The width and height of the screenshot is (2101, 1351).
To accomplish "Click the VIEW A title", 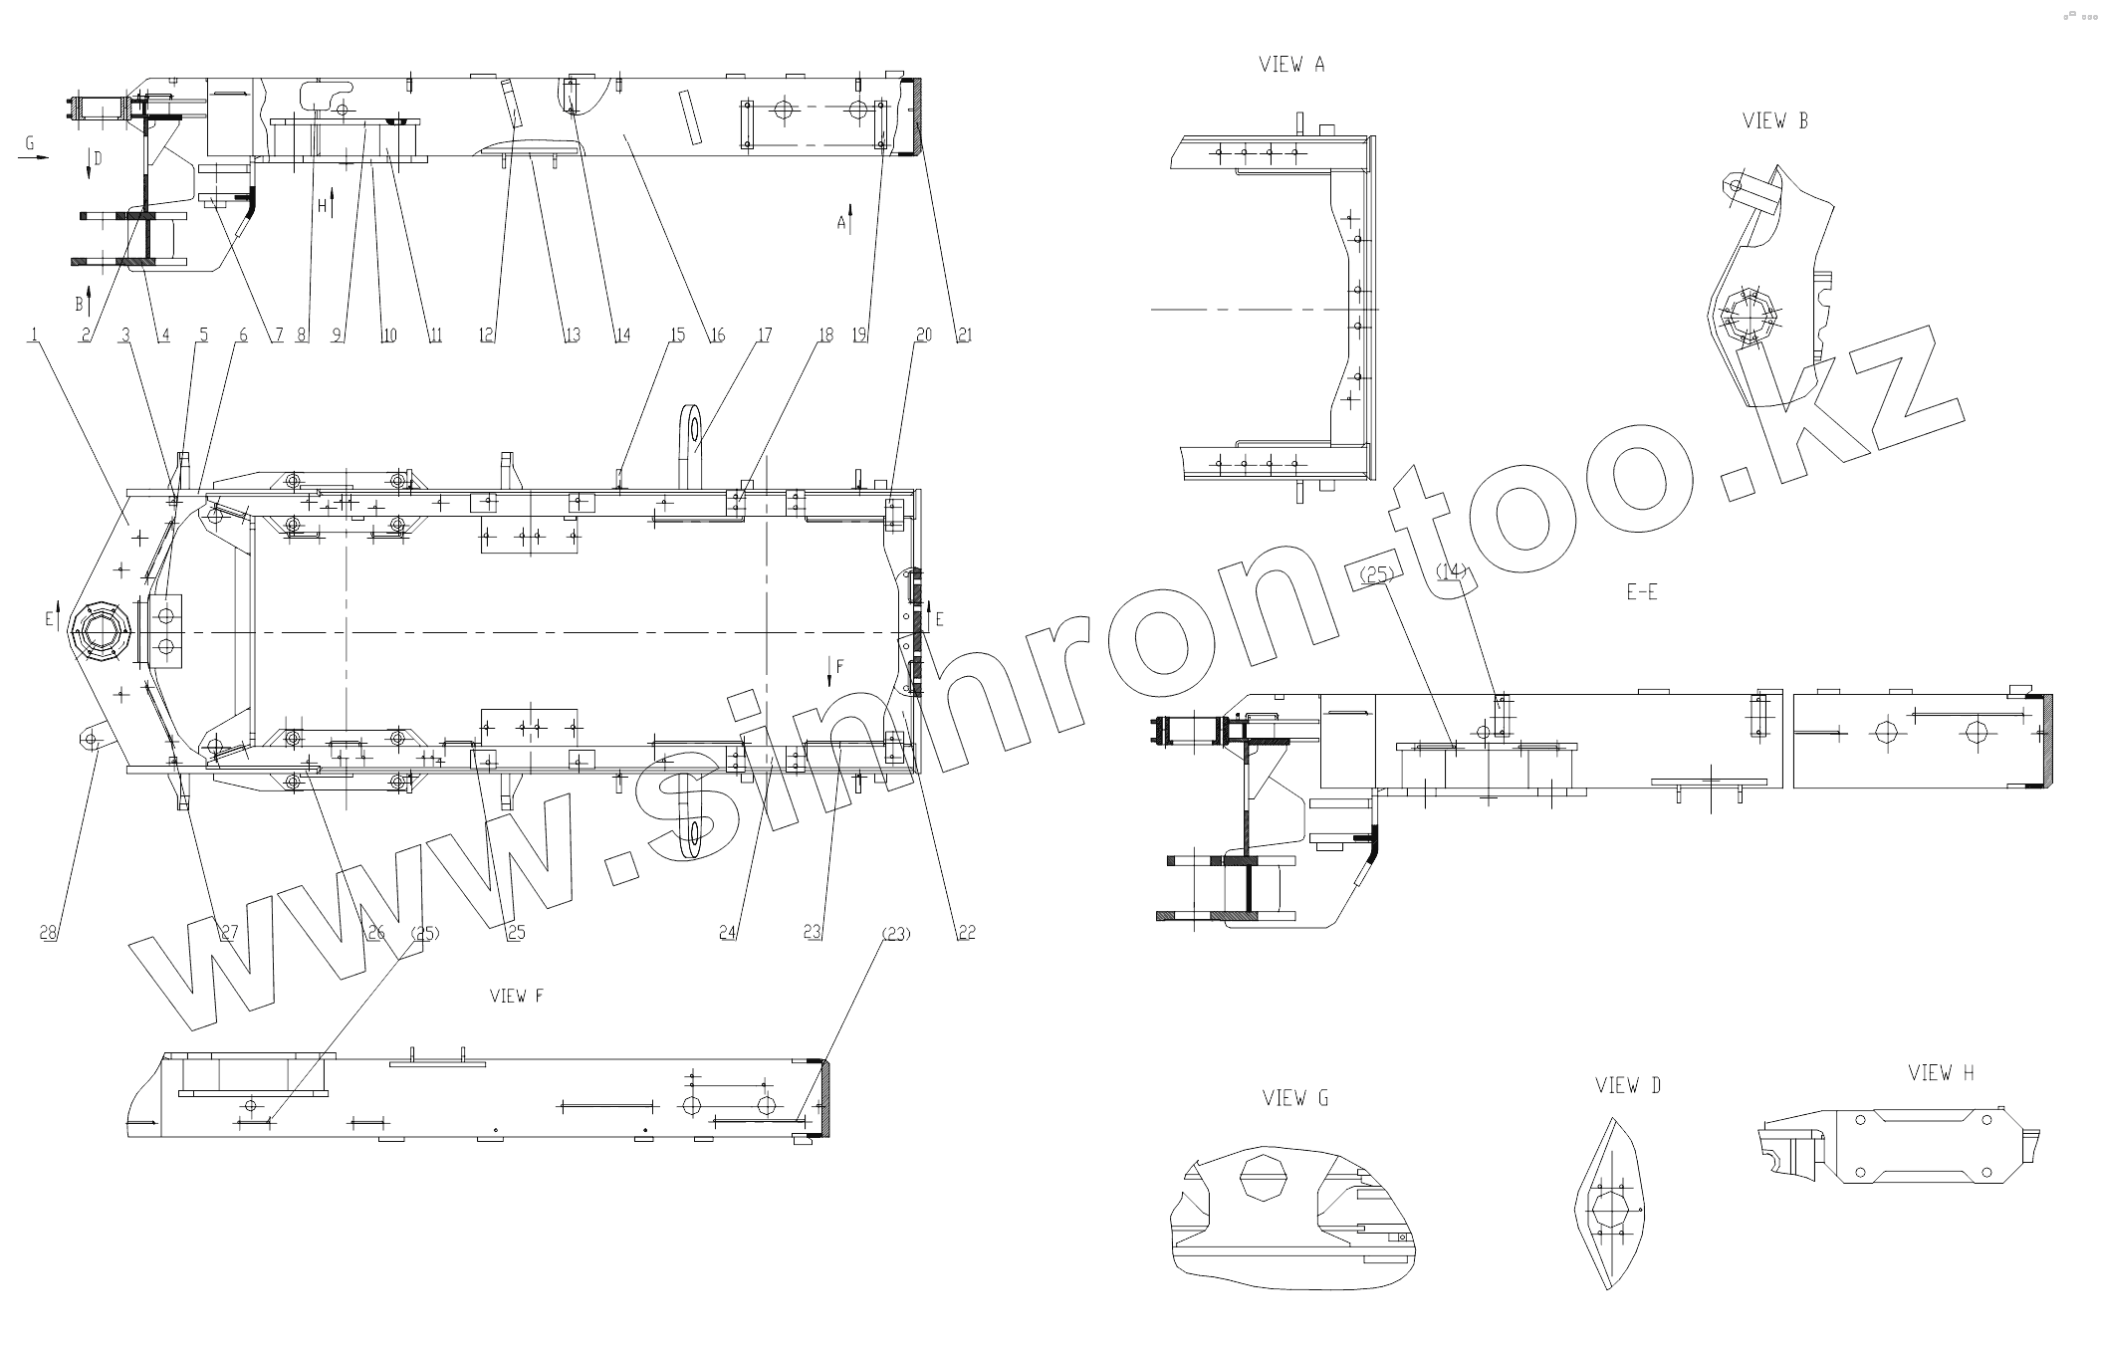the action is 1291,66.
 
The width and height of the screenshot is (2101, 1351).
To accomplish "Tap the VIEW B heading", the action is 1775,121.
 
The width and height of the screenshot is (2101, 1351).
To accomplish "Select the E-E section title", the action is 1641,592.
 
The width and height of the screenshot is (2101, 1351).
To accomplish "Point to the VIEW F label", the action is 516,997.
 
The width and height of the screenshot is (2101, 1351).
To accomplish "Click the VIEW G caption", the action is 1295,1099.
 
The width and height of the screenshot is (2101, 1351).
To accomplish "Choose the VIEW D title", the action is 1628,1086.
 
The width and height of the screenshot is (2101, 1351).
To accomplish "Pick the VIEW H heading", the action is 1941,1073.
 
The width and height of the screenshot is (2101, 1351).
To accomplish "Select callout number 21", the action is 963,337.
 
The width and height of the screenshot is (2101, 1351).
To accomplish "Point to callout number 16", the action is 717,337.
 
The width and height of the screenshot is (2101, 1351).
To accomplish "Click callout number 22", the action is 966,933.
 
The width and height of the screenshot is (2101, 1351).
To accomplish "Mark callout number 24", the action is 729,933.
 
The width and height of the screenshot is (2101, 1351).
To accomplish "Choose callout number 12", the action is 487,337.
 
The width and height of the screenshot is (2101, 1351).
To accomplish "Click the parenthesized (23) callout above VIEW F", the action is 896,934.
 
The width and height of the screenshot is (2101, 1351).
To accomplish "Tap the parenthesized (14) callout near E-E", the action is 1452,571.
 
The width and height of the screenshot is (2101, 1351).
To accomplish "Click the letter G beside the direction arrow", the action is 30,144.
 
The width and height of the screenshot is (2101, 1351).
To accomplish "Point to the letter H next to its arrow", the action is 322,206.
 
